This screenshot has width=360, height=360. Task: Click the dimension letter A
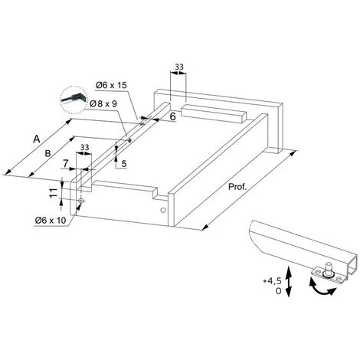[x=37, y=139]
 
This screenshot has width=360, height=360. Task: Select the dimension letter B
[x=47, y=153]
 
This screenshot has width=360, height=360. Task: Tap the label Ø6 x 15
[x=111, y=85]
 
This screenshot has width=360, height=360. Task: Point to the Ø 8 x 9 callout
[x=103, y=103]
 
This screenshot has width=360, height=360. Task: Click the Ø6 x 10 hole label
[x=51, y=220]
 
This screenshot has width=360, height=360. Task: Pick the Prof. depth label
[x=237, y=187]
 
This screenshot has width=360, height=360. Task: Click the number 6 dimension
[x=173, y=116]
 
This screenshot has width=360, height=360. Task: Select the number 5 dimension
[x=124, y=163]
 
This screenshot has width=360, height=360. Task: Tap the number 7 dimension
[x=66, y=163]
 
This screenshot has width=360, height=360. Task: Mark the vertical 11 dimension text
[x=53, y=193]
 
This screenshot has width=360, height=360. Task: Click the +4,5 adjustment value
[x=272, y=281]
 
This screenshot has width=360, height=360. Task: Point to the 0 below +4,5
[x=278, y=291]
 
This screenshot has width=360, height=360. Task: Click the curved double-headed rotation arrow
[x=321, y=288]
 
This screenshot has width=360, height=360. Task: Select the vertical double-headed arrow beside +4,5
[x=288, y=281]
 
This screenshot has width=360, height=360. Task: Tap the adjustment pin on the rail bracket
[x=328, y=269]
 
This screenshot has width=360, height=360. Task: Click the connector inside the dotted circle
[x=74, y=98]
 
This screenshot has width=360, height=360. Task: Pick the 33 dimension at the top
[x=179, y=67]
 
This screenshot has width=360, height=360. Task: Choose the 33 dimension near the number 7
[x=85, y=147]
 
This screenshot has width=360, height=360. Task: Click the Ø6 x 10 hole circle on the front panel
[x=81, y=201]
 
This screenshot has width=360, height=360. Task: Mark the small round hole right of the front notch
[x=162, y=210]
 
